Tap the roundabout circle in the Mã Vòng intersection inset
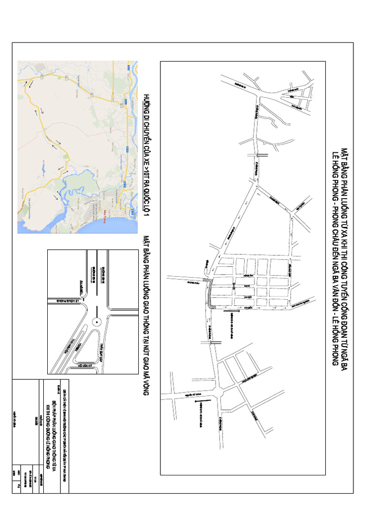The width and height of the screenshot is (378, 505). [x=96, y=322]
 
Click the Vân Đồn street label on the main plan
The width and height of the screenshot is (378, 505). [x=250, y=307]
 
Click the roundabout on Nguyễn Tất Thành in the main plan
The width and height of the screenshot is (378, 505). [x=218, y=394]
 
